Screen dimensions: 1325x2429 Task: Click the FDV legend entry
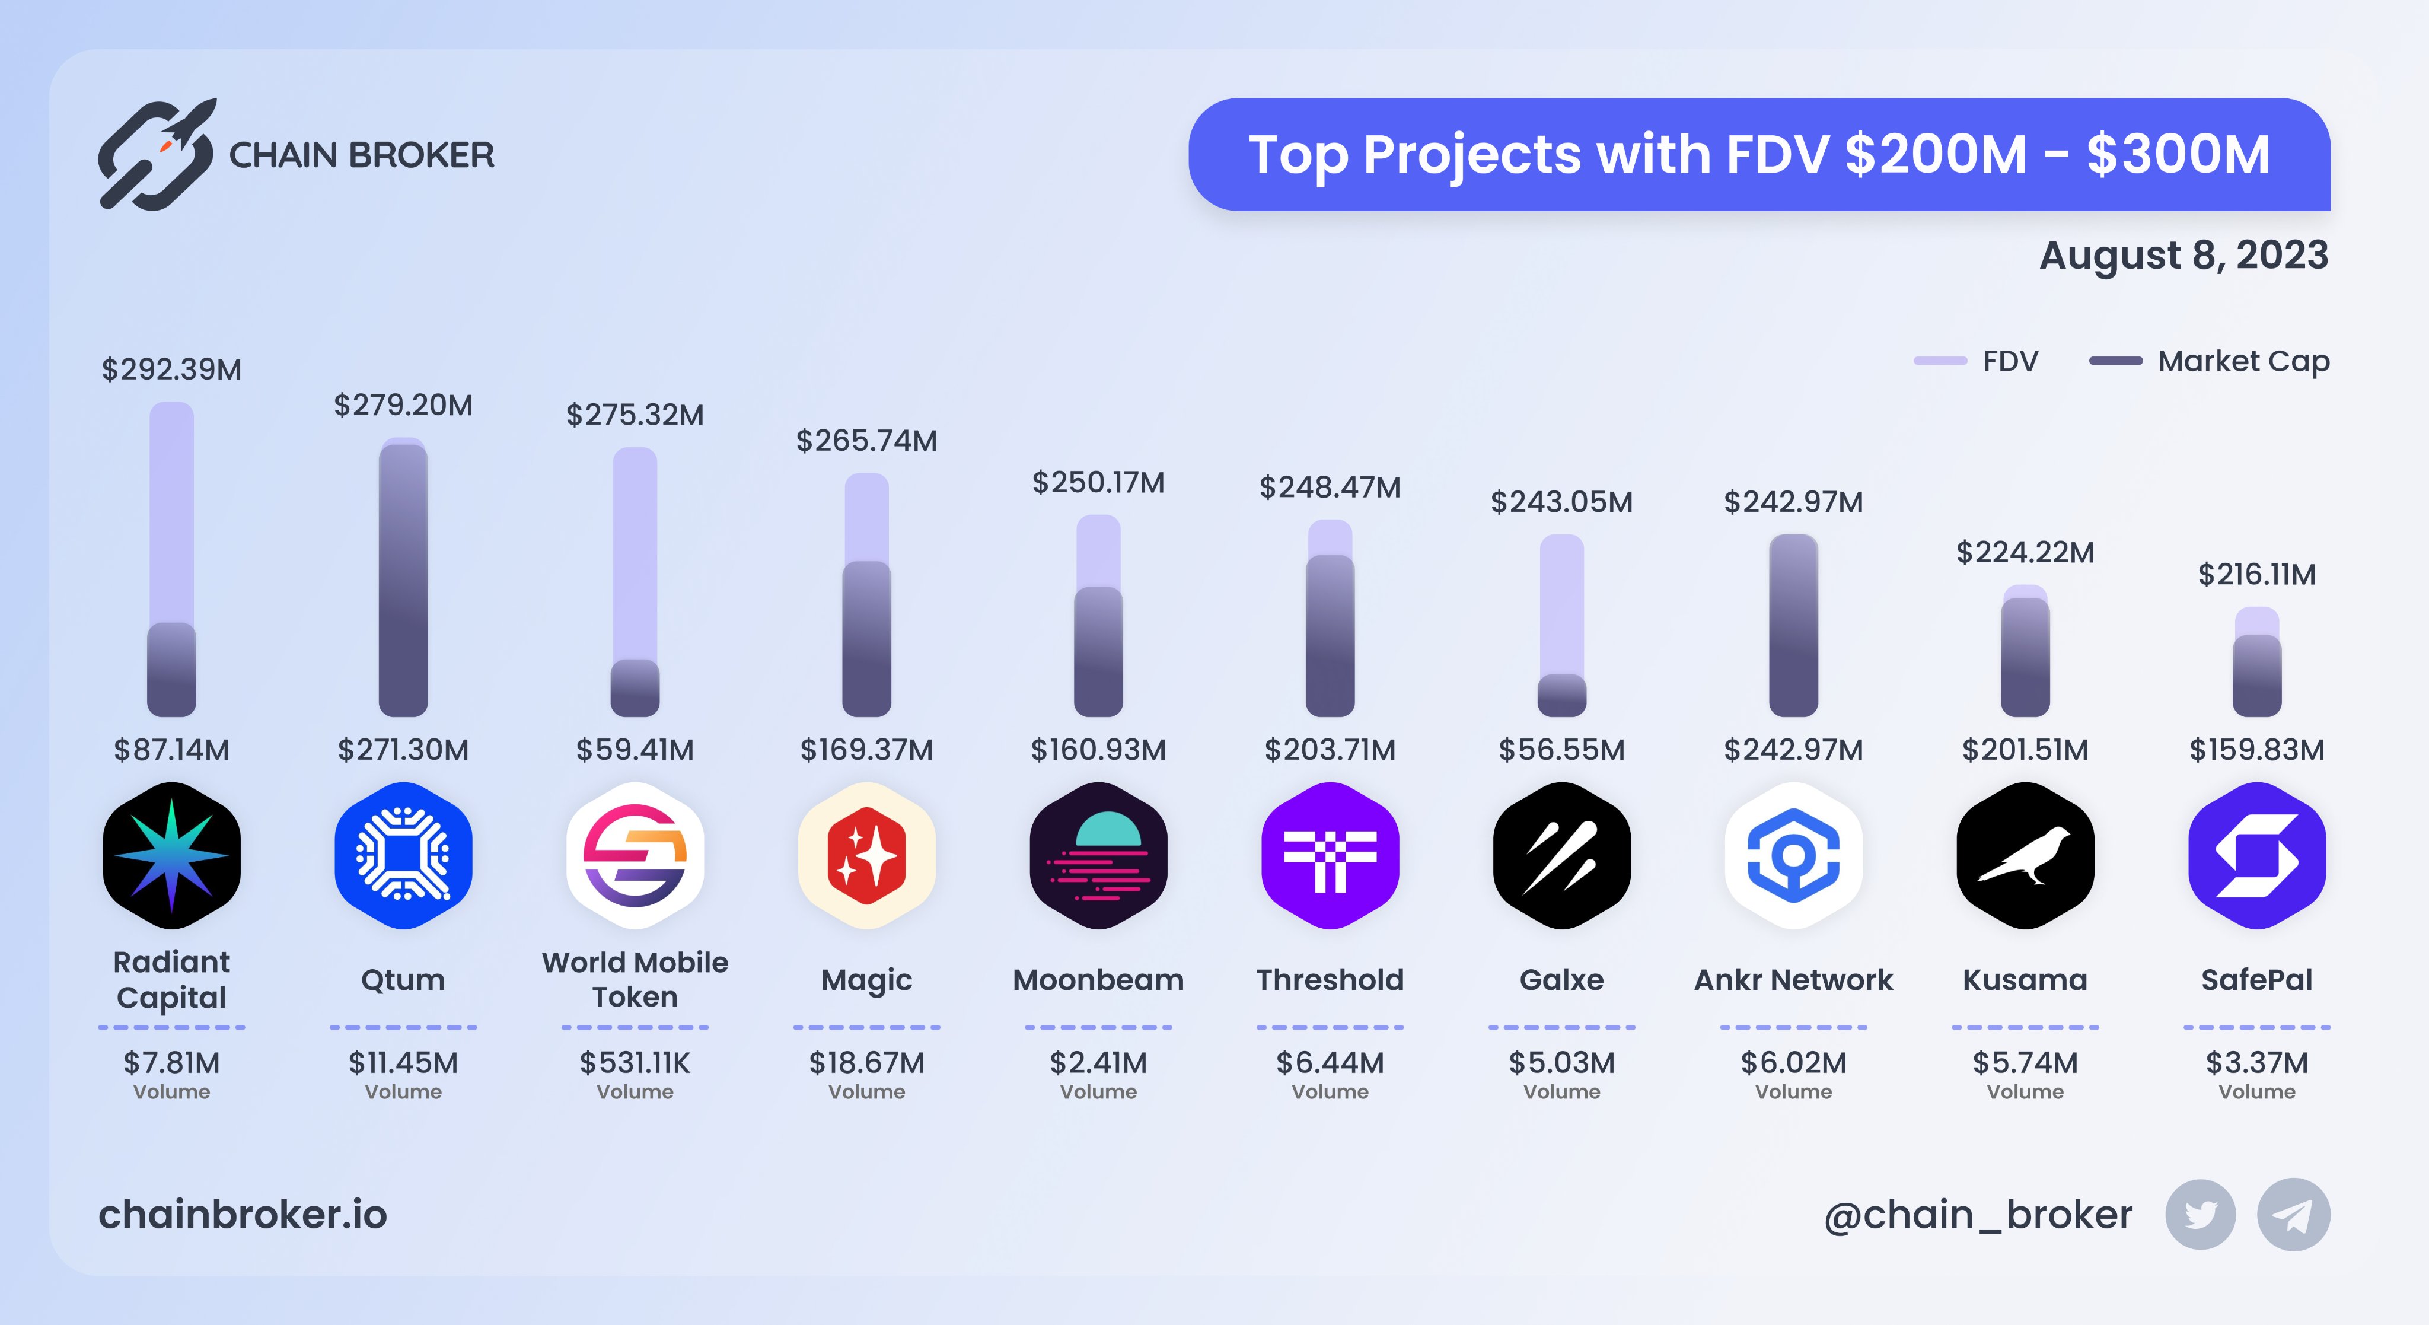[1977, 361]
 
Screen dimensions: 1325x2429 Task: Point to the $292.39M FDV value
[171, 369]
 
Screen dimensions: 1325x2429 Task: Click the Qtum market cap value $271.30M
[404, 750]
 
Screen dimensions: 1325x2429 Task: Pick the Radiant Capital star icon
[171, 855]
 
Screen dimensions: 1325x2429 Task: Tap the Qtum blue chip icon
[404, 855]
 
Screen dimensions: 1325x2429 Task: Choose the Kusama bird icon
[2025, 855]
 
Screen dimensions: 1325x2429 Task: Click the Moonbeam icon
[1098, 855]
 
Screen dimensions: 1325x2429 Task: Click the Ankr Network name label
[1793, 980]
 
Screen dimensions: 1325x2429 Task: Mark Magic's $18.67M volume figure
[866, 1063]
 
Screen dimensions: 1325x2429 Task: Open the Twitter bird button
[2200, 1215]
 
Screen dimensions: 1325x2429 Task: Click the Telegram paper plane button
[2293, 1215]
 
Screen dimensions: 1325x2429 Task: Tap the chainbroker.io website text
[243, 1215]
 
